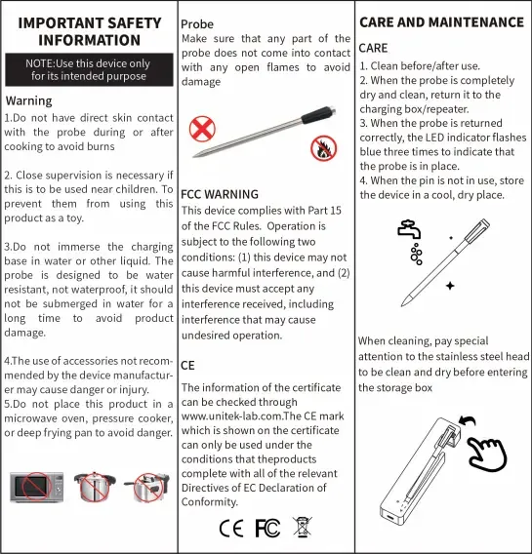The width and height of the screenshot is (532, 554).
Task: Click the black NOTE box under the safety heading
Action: (x=89, y=69)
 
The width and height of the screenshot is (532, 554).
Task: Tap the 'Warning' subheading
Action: (x=29, y=101)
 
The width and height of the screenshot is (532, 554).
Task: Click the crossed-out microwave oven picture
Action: (x=37, y=487)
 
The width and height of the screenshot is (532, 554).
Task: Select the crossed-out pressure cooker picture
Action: (x=95, y=487)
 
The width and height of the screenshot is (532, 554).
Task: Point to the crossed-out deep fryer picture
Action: (x=147, y=487)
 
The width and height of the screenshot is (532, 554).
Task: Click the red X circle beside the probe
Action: (x=202, y=129)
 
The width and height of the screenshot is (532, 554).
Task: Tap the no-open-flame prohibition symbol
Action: (x=323, y=148)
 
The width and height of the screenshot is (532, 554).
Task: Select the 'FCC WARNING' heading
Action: (x=220, y=194)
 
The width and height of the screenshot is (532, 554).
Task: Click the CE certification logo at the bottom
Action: (x=231, y=529)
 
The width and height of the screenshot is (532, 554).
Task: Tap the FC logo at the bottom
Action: (x=267, y=529)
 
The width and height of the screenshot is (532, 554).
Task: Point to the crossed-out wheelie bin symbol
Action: (x=303, y=527)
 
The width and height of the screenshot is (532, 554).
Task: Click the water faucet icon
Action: (x=409, y=229)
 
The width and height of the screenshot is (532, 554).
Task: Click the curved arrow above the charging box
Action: (x=468, y=420)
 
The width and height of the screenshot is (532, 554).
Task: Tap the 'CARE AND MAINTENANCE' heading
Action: (x=442, y=22)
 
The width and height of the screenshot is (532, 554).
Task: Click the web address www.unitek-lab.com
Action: (x=232, y=416)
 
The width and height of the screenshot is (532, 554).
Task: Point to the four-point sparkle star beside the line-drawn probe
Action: (x=450, y=286)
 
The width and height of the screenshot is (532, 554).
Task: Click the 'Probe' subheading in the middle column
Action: (x=197, y=24)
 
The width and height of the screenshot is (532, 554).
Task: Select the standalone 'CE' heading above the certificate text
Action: (x=187, y=366)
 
